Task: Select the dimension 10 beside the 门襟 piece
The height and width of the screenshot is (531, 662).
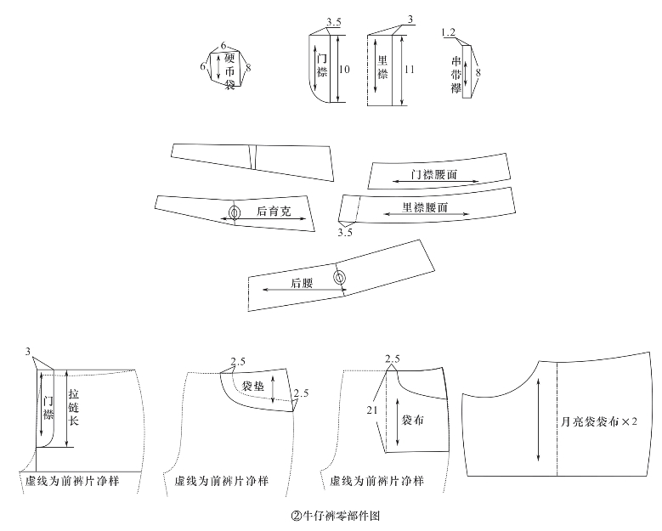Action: pos(344,70)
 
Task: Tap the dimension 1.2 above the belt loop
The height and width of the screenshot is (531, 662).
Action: pos(449,32)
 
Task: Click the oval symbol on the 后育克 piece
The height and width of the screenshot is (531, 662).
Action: pos(235,212)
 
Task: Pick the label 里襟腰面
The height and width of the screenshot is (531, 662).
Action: pos(426,206)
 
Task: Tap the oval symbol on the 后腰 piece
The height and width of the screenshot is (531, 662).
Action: pos(340,278)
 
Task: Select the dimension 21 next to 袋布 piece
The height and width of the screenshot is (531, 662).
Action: pos(371,410)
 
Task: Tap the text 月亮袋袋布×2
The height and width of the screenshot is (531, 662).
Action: pos(600,421)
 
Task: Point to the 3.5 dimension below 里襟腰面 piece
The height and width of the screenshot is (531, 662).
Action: pos(345,231)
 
